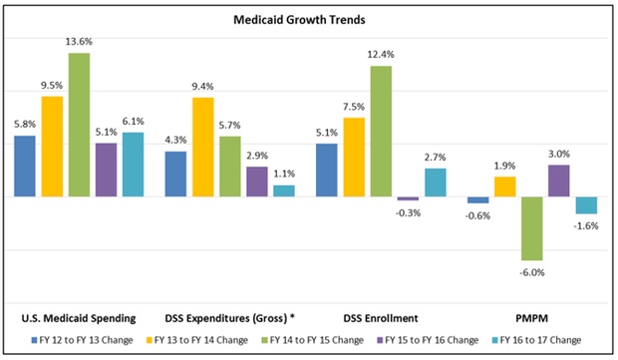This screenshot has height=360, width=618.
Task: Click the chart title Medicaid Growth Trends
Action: click(309, 19)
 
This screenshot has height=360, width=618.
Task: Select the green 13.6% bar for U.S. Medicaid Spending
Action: click(79, 125)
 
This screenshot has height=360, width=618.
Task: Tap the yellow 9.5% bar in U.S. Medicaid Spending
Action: click(52, 147)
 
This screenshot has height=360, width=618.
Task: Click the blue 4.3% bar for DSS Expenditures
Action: click(175, 174)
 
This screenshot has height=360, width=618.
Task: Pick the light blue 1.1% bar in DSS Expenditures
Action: click(284, 190)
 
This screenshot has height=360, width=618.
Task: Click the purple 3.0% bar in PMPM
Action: click(558, 180)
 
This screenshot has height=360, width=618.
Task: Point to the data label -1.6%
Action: click(587, 226)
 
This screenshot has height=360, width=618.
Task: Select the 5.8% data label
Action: click(25, 126)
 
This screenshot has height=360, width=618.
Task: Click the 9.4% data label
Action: click(202, 87)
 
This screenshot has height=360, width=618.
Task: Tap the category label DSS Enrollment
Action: click(382, 318)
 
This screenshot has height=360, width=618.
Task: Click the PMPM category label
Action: click(532, 318)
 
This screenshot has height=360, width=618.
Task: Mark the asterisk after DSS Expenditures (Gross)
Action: click(290, 317)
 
